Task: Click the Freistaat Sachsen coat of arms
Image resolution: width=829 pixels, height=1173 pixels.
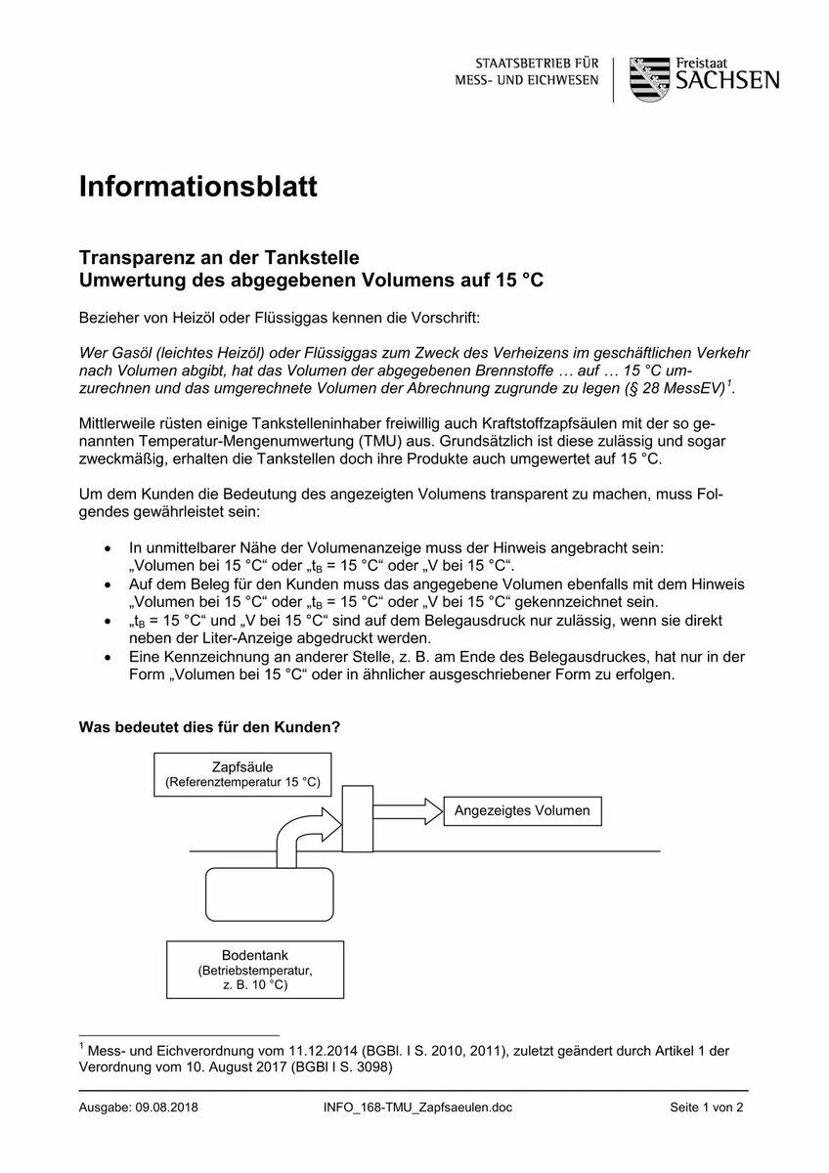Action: [648, 78]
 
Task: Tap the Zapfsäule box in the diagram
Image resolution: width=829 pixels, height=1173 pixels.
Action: [242, 773]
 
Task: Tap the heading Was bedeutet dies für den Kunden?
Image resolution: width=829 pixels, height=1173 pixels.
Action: [209, 728]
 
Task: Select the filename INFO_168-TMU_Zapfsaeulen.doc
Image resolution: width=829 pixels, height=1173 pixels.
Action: [415, 1108]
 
